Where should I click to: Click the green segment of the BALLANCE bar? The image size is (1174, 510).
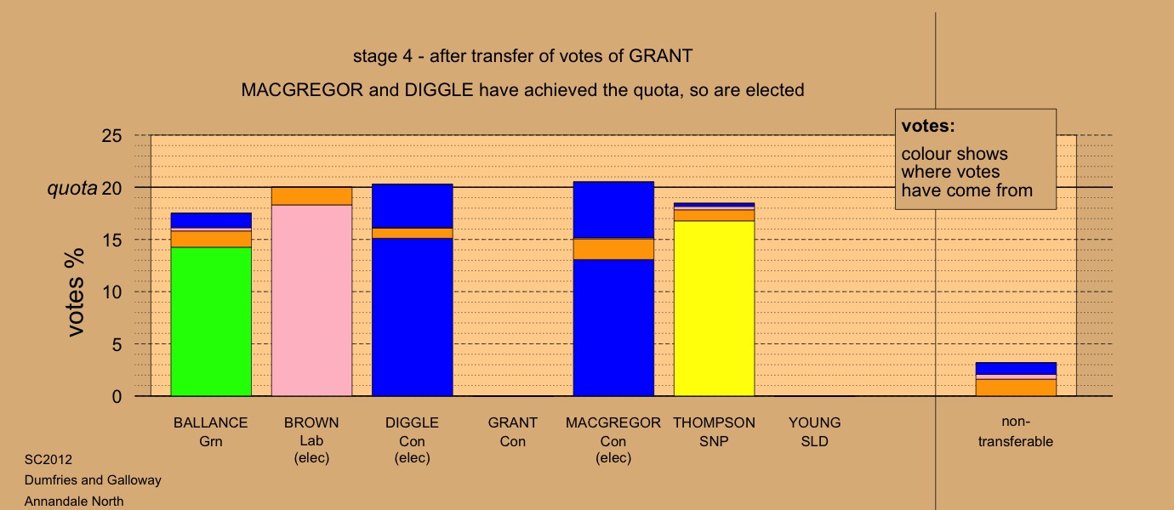211,321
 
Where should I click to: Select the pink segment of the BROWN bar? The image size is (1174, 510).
312,300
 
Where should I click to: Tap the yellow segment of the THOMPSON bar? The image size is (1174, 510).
715,308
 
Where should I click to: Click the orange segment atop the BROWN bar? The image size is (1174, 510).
312,196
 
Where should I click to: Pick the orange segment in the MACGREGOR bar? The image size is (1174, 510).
613,249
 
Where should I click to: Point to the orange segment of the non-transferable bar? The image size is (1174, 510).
1016,388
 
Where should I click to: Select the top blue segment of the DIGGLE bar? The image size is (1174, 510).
413,206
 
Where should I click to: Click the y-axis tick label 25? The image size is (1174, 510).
111,136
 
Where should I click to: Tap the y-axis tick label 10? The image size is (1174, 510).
111,292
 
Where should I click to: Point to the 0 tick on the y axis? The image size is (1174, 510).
117,396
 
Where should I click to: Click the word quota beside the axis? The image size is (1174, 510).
72,188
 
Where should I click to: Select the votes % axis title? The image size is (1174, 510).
74,292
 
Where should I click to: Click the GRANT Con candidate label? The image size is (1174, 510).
513,432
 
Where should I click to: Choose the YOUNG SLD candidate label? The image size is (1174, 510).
814,432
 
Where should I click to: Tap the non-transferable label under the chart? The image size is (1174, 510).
1016,432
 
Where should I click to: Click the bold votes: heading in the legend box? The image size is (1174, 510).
928,126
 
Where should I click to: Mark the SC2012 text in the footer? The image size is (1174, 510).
48,460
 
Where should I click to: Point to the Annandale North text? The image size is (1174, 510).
74,501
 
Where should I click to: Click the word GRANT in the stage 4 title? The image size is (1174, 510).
660,56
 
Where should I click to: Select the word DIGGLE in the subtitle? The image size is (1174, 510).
439,90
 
